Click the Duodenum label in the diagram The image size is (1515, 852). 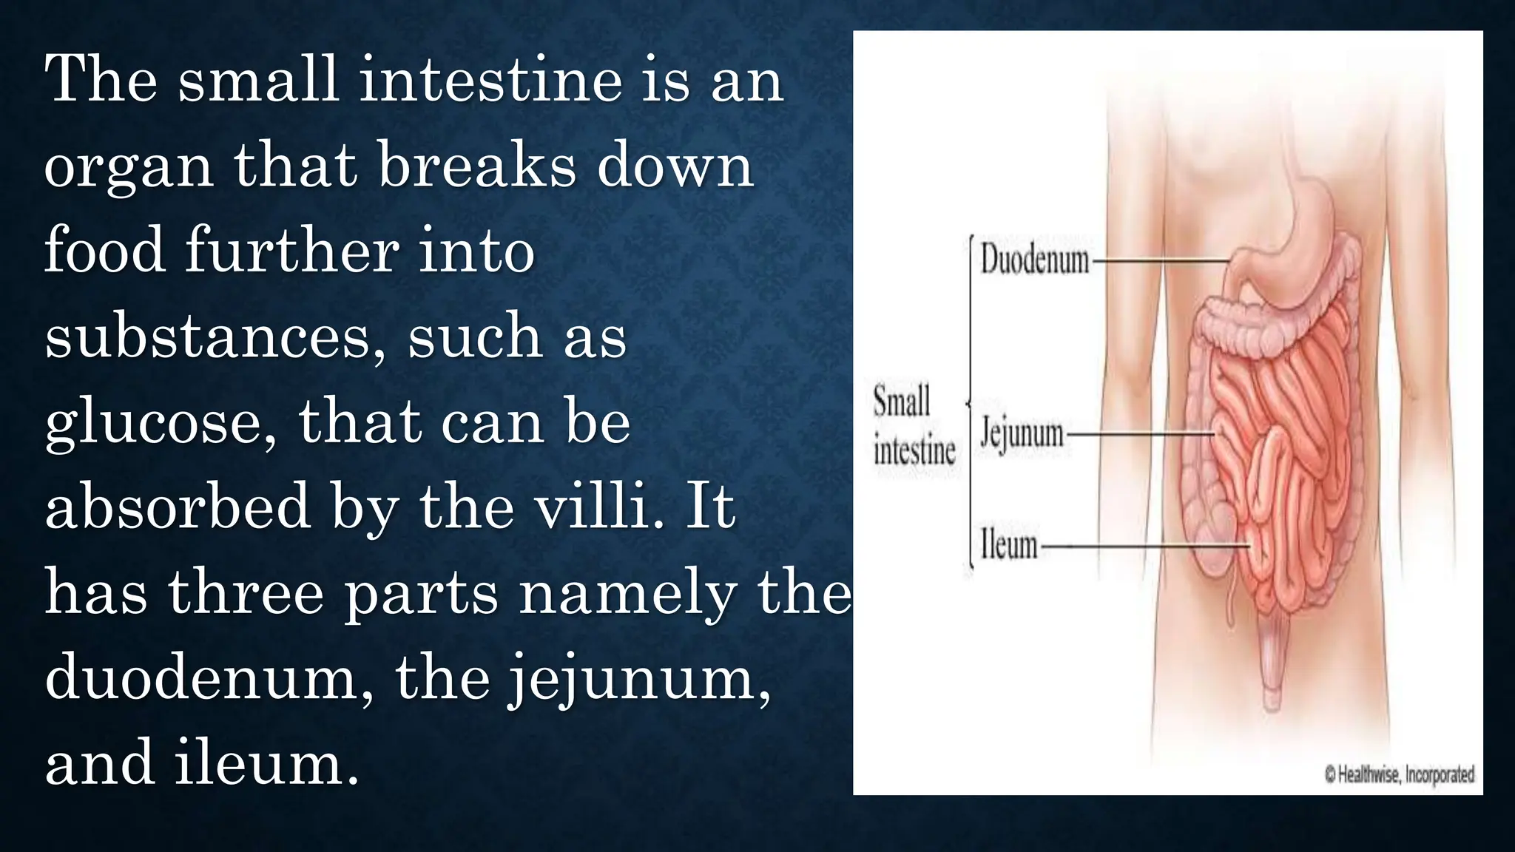pos(1034,260)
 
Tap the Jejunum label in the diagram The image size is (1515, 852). pos(1021,434)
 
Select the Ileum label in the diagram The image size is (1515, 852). pos(1009,546)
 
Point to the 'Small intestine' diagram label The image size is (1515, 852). pos(914,426)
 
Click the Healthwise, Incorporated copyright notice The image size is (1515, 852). pos(1399,774)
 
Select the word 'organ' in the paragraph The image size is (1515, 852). pos(129,167)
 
